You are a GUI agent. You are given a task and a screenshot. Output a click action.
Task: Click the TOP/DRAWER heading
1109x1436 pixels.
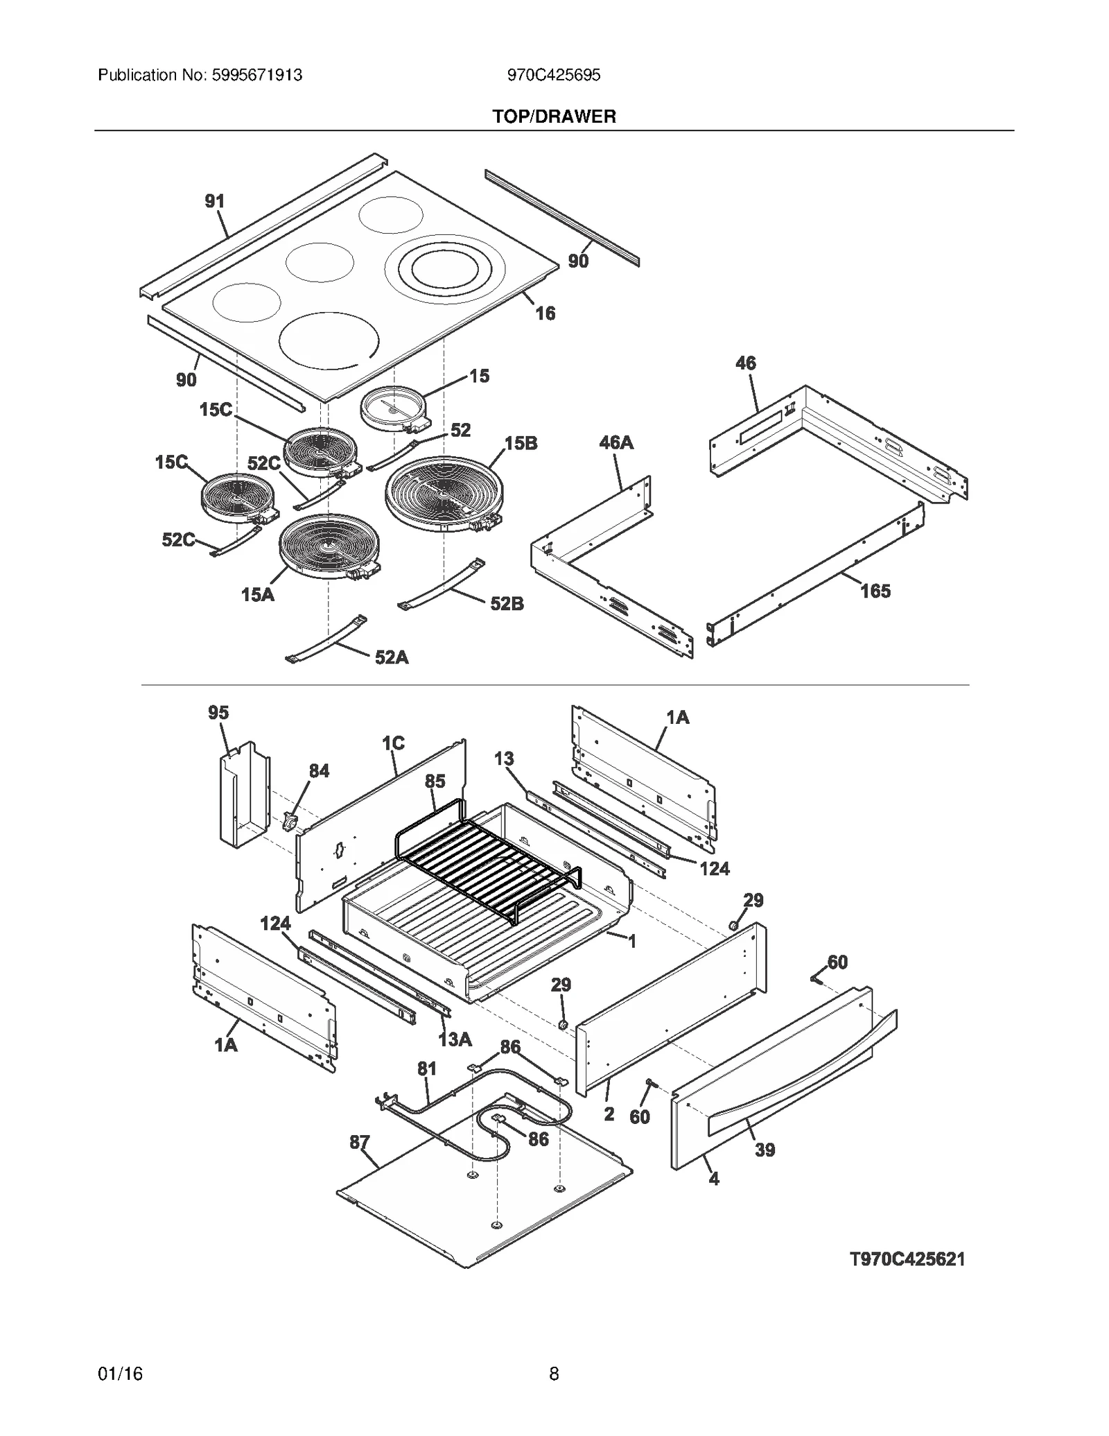pos(554,116)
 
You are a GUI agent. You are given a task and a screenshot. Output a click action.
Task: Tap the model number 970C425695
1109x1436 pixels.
pos(554,75)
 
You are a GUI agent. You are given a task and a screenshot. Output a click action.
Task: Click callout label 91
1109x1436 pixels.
pos(215,201)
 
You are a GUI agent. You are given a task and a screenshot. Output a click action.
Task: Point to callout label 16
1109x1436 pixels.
pos(545,313)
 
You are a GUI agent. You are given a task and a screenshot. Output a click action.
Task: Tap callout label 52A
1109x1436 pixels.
pos(392,657)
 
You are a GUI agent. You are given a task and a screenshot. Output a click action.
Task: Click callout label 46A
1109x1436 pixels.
pos(616,442)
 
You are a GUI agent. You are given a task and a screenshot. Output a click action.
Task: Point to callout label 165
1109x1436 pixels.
pos(875,591)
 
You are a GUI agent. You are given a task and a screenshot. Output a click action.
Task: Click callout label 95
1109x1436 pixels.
pos(218,712)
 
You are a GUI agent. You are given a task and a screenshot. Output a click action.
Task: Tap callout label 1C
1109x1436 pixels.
pos(393,743)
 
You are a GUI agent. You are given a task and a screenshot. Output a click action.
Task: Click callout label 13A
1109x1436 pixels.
pos(455,1039)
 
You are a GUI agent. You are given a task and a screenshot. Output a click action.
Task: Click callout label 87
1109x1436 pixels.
pos(359,1141)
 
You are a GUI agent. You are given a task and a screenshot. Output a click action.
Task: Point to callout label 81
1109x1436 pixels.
pos(427,1069)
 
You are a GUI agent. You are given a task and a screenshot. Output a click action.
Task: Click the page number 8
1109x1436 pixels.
pos(554,1374)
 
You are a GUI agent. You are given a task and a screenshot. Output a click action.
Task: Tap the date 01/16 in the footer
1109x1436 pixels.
pos(121,1374)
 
